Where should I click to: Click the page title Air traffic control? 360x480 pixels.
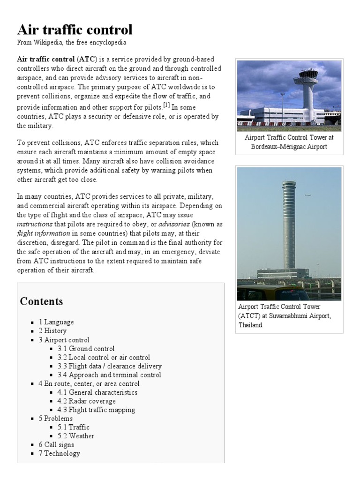click(75, 30)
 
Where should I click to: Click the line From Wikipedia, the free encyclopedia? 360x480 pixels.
click(72, 43)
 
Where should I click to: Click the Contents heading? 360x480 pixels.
click(41, 301)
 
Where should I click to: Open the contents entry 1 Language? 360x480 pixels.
click(56, 322)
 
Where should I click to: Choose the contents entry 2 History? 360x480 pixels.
click(52, 331)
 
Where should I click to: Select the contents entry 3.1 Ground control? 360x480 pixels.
click(86, 349)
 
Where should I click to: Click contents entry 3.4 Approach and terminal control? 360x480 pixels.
click(109, 375)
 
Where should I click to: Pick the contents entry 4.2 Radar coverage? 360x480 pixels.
click(87, 401)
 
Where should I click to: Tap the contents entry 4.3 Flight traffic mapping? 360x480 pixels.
click(96, 410)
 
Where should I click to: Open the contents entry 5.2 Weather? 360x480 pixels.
click(76, 436)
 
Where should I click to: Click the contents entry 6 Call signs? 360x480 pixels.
click(56, 445)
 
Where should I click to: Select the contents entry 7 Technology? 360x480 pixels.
click(60, 453)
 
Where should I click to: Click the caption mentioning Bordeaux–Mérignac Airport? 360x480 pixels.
click(289, 142)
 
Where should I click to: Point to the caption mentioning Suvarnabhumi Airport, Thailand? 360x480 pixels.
click(285, 315)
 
